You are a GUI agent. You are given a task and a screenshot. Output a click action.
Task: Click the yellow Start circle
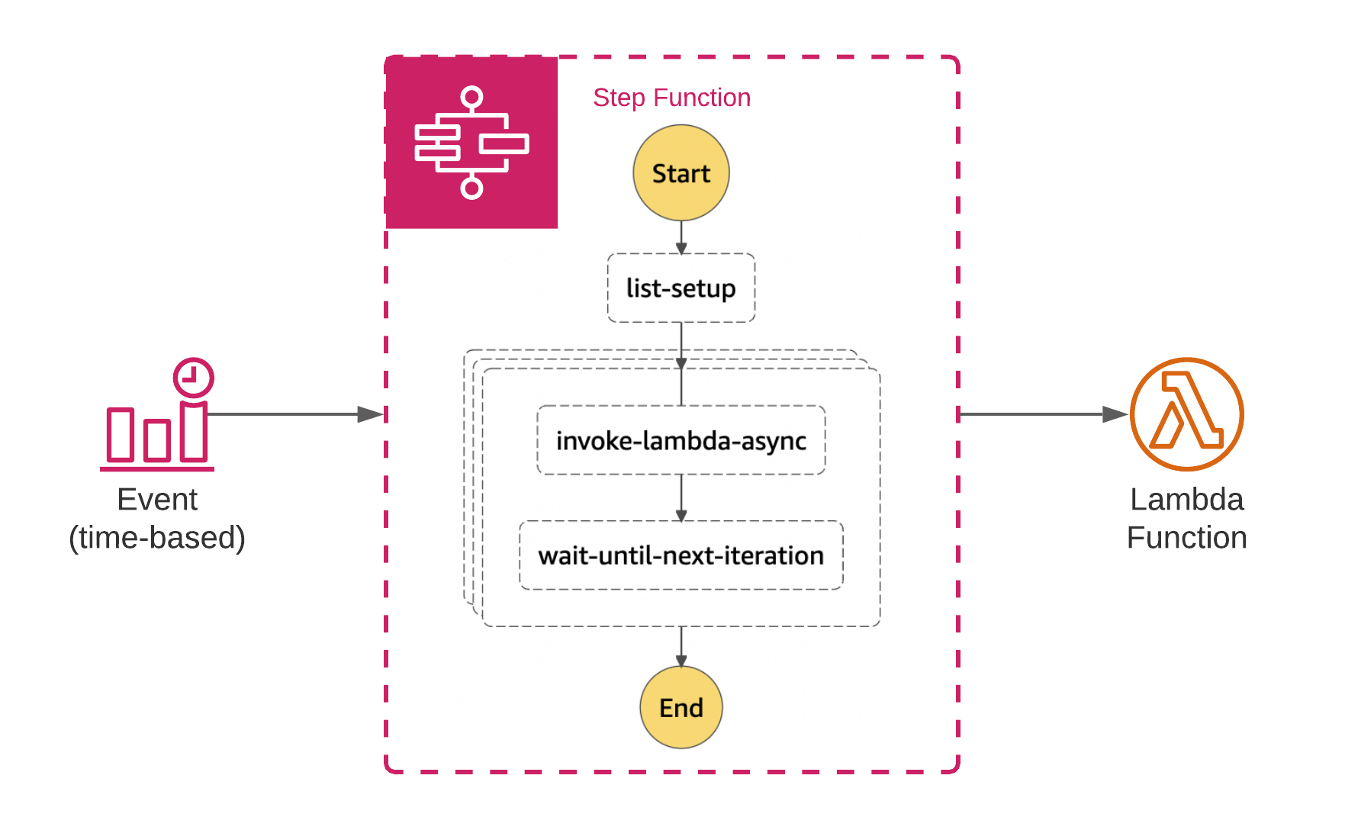coord(681,173)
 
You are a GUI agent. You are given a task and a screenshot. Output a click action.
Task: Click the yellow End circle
coord(681,707)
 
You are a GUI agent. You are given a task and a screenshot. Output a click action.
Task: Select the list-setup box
coord(681,288)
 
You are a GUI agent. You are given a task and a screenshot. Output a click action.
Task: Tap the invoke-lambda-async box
coord(681,440)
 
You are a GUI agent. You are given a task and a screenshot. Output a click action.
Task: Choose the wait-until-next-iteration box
coord(681,555)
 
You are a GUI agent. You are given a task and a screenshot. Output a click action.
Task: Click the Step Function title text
coord(671,98)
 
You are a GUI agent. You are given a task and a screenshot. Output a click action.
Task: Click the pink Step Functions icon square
coord(471,143)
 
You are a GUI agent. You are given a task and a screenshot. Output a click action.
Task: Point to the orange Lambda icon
coord(1186,414)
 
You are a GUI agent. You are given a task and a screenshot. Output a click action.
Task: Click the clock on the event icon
coord(193,377)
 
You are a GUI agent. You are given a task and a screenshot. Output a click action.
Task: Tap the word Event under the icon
coord(157,500)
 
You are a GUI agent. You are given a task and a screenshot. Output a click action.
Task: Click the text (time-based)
coord(157,538)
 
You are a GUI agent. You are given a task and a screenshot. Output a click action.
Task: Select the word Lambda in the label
coord(1186,500)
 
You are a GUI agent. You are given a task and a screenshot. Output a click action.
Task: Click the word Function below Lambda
coord(1186,538)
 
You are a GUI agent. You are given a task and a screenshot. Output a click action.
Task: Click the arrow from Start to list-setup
coord(681,237)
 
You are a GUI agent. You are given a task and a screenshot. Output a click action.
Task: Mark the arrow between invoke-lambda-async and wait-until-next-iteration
coord(681,497)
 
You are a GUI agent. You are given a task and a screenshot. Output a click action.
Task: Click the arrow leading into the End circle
coord(681,647)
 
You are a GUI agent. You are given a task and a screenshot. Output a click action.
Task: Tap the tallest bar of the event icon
coord(194,432)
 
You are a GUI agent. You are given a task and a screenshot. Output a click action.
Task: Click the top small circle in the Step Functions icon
coord(471,97)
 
